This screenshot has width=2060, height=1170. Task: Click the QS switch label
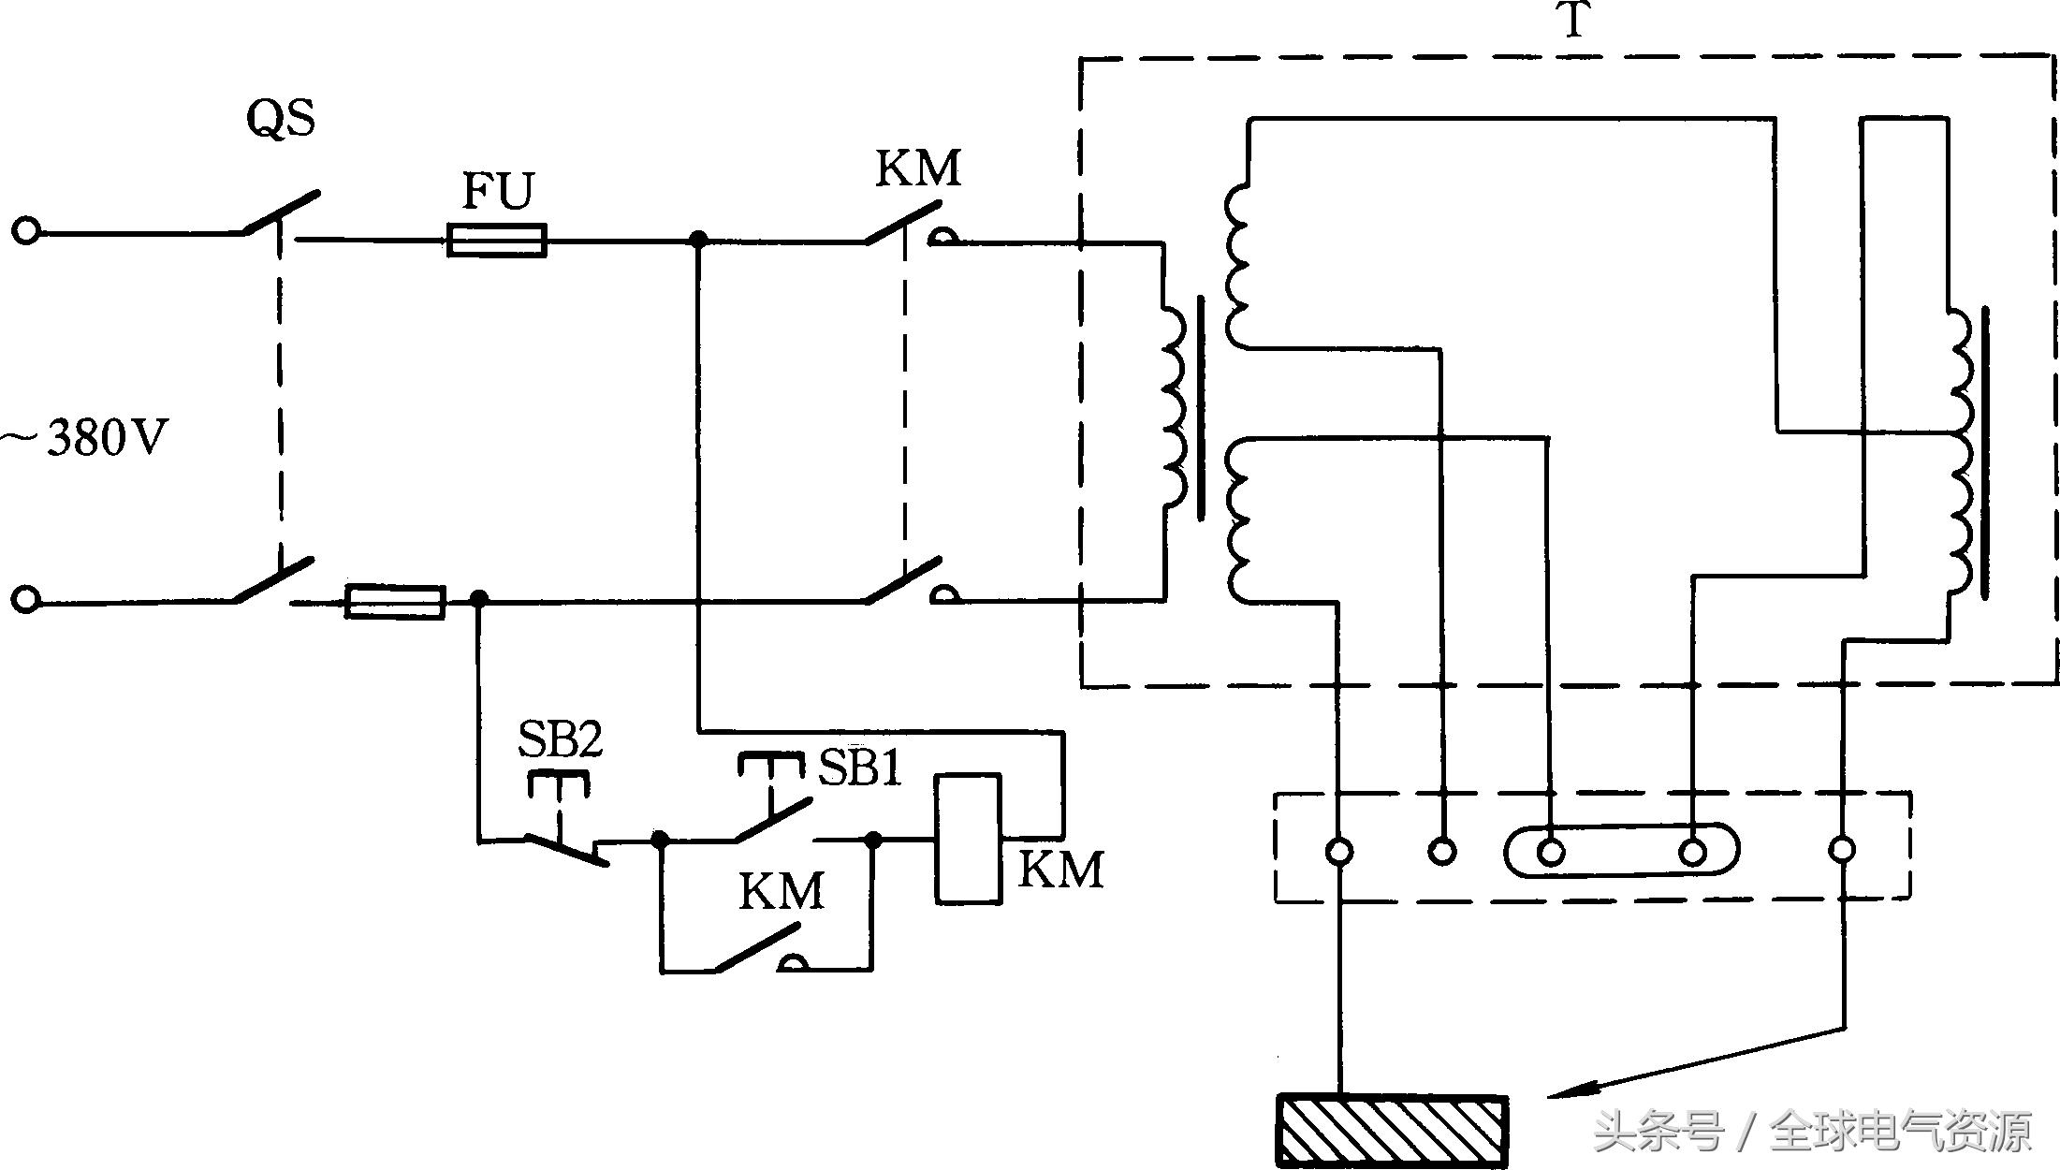tap(281, 119)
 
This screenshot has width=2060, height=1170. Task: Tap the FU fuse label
tap(498, 191)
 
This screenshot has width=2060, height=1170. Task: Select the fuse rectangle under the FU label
tap(497, 241)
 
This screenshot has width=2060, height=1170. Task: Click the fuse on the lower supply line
tap(395, 602)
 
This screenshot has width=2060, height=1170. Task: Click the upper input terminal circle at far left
tap(26, 230)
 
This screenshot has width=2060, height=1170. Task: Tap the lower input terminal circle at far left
tap(26, 599)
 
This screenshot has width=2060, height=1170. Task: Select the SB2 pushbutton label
tap(560, 739)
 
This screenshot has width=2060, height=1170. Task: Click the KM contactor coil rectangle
tap(968, 839)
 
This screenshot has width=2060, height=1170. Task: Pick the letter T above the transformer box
tap(1574, 21)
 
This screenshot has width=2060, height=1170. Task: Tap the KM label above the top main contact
tap(917, 168)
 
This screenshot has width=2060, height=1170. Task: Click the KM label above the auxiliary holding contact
tap(781, 891)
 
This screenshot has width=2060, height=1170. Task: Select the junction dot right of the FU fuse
tap(697, 241)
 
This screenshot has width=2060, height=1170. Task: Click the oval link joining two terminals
tap(1621, 850)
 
